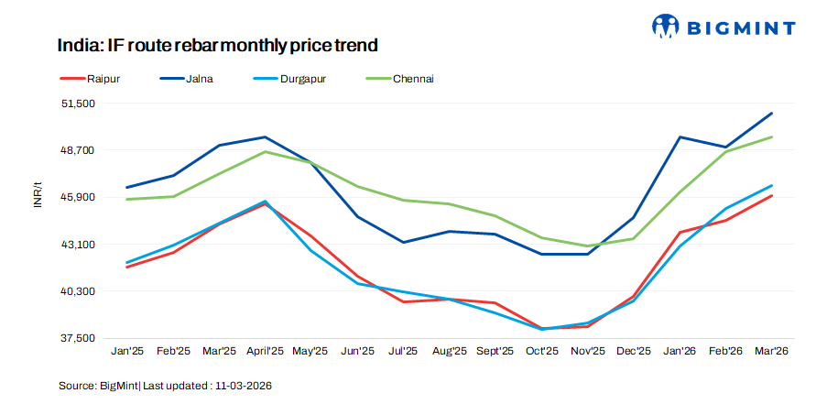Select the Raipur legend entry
coord(101,79)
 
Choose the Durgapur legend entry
coord(303,79)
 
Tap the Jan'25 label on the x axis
coord(126,351)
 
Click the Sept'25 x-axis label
coord(495,351)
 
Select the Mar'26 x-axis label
coord(771,351)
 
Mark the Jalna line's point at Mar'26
coord(772,114)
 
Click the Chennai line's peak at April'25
coord(265,151)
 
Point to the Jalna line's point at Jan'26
coord(680,136)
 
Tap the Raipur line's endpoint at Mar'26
coord(772,196)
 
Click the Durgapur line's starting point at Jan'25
coord(126,263)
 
